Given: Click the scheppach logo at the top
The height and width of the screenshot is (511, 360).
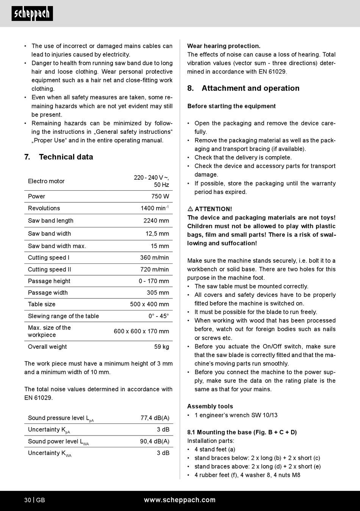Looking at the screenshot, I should (32, 14).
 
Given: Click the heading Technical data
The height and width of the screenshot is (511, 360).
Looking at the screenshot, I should (66, 157).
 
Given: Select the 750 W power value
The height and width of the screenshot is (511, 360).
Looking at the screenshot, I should (160, 196).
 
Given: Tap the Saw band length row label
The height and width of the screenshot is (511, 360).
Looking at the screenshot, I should (50, 221).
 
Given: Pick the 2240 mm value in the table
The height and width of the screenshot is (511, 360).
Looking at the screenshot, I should (156, 221).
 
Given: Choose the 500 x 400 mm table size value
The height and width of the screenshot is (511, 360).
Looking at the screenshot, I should (149, 304).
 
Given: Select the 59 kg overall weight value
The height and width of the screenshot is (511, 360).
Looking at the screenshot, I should (161, 346).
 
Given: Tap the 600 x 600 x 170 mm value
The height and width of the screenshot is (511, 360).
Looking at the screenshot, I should (141, 331).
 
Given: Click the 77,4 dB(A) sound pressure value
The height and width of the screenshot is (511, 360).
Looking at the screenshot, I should (155, 418).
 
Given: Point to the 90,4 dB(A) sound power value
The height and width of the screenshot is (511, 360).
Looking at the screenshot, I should (155, 441).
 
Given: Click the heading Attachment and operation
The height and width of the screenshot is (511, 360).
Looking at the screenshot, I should (250, 88).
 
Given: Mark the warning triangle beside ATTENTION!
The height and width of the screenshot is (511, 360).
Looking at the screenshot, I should (190, 209).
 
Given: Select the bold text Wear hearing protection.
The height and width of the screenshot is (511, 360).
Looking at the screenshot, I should (224, 46).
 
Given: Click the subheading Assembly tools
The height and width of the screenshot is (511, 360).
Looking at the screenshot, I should (210, 406).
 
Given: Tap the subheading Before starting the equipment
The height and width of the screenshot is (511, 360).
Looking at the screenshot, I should (231, 106).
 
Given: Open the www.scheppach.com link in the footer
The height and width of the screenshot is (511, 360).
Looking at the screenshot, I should (180, 500).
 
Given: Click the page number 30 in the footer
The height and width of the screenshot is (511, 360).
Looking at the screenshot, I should (28, 500).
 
